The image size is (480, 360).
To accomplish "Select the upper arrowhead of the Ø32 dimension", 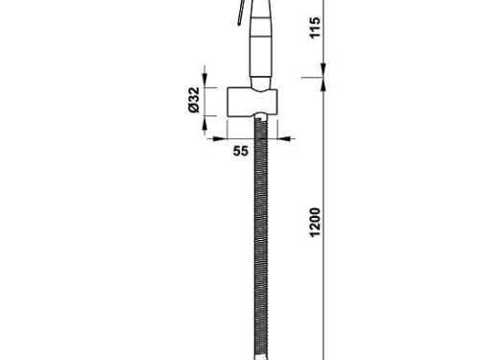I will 204,81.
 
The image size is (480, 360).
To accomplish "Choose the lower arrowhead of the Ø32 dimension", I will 204,122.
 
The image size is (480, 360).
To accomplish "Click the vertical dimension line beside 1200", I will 323,221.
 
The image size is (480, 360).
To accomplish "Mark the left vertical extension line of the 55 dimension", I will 228,129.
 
